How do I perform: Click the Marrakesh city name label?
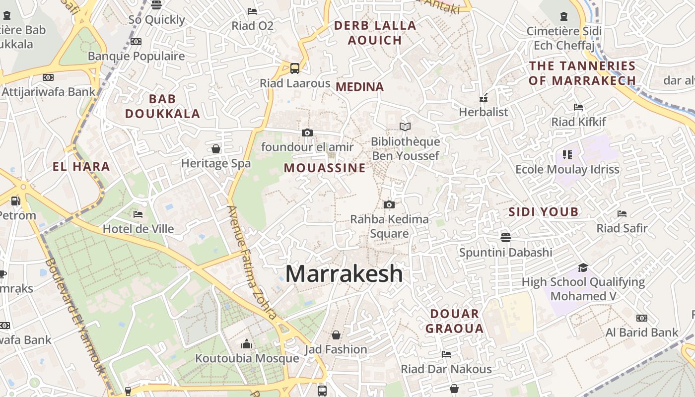tap(344, 273)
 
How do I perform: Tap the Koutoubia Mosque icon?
tap(247, 343)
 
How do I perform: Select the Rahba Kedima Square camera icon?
tap(389, 204)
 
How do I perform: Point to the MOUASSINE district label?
tap(325, 168)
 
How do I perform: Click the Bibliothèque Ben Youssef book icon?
tap(405, 127)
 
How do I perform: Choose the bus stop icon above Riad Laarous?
tap(295, 68)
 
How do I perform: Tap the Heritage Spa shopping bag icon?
tap(216, 148)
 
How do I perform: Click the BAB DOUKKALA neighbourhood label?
tap(162, 106)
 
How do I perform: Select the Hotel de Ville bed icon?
tap(138, 214)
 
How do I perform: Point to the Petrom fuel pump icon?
tap(16, 201)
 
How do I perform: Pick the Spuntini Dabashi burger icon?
tap(506, 237)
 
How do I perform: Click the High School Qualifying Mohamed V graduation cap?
tap(583, 267)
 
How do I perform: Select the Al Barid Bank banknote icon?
tap(642, 318)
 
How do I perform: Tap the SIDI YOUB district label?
tap(544, 212)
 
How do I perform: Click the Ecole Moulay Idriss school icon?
tap(567, 155)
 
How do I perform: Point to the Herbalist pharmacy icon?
tap(484, 98)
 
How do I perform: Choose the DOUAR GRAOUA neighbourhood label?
tap(454, 321)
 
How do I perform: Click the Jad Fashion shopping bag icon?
tap(336, 335)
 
